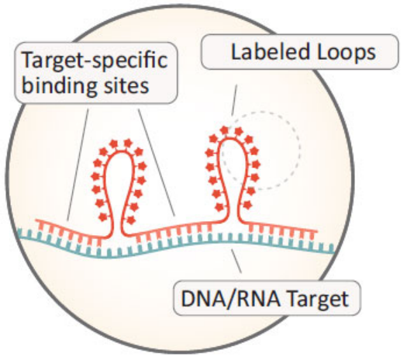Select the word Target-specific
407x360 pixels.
[95, 61]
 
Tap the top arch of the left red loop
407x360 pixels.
[121, 153]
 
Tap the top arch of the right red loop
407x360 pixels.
[233, 139]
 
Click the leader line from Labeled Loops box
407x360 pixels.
[234, 100]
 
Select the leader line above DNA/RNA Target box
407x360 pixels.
[236, 261]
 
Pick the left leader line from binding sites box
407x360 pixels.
[78, 164]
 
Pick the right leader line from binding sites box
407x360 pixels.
[157, 162]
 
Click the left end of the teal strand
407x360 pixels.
[19, 233]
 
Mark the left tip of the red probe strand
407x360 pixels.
[36, 221]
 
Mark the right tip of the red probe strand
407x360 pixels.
[316, 231]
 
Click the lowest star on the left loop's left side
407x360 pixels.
[103, 216]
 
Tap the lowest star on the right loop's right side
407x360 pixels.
[247, 205]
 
